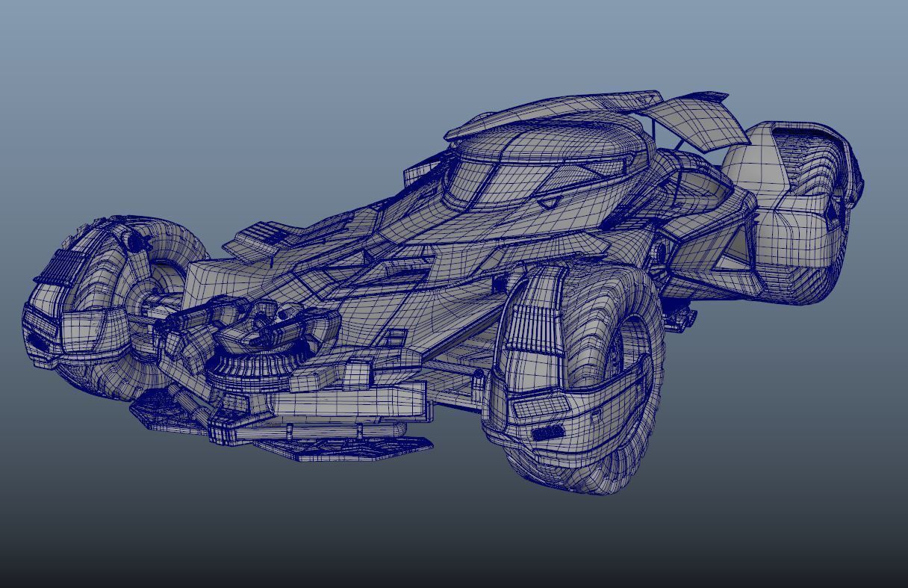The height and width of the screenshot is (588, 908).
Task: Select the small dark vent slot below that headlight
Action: coord(548,433)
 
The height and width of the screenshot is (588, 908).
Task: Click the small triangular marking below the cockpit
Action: coord(549,202)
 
